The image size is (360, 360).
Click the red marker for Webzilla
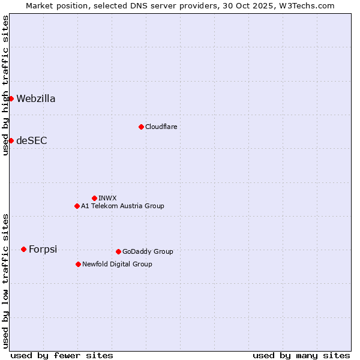pyautogui.click(x=11, y=98)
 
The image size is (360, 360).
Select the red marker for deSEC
pyautogui.click(x=11, y=140)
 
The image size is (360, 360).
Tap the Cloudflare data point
pyautogui.click(x=141, y=127)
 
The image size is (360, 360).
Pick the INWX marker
pyautogui.click(x=94, y=198)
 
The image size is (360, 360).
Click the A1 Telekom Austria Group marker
pyautogui.click(x=77, y=206)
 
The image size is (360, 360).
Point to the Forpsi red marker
pyautogui.click(x=23, y=249)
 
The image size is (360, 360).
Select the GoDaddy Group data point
pyautogui.click(x=118, y=251)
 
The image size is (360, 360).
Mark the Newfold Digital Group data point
pyautogui.click(x=78, y=264)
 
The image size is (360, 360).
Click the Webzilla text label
pyautogui.click(x=36, y=99)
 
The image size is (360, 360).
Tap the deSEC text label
pyautogui.click(x=32, y=141)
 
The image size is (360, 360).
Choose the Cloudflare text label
pyautogui.click(x=161, y=127)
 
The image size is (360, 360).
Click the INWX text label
pyautogui.click(x=108, y=198)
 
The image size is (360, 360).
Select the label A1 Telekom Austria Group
pyautogui.click(x=122, y=206)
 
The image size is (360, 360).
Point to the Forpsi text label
pyautogui.click(x=43, y=250)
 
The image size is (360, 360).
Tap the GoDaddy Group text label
pyautogui.click(x=148, y=252)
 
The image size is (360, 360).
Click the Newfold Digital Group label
pyautogui.click(x=117, y=265)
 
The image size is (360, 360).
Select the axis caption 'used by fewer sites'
pyautogui.click(x=62, y=355)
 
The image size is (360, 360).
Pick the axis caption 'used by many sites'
pyautogui.click(x=301, y=355)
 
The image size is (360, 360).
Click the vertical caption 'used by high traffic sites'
pyautogui.click(x=5, y=86)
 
